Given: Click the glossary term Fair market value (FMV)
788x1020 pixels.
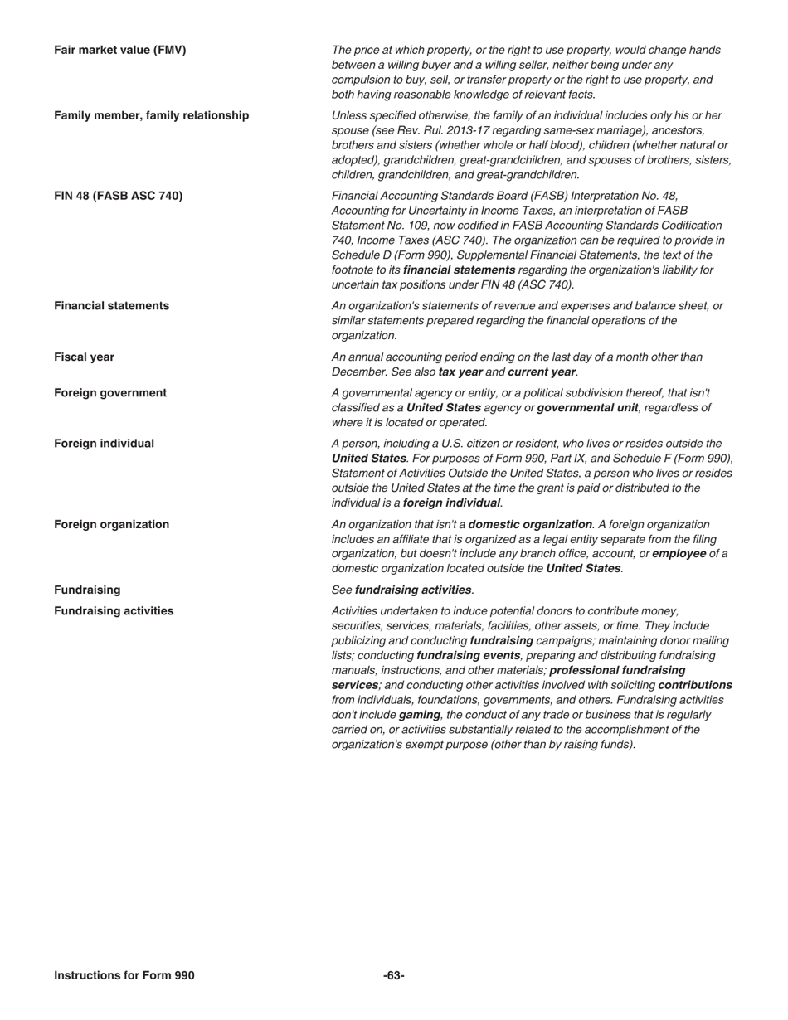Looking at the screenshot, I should pyautogui.click(x=120, y=50).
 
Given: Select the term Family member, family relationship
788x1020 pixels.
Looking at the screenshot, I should pyautogui.click(x=151, y=115).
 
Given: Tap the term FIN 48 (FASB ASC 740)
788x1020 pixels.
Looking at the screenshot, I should pyautogui.click(x=118, y=196).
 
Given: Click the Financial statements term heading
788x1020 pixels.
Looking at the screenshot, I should pyautogui.click(x=111, y=306).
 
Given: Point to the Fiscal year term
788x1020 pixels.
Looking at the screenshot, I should pyautogui.click(x=84, y=357).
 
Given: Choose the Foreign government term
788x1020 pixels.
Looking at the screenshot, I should pyautogui.click(x=110, y=393).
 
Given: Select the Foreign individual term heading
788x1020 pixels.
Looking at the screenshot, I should pyautogui.click(x=104, y=444).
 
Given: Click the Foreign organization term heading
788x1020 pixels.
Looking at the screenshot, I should pyautogui.click(x=111, y=524).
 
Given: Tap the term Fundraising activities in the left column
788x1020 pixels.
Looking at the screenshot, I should pyautogui.click(x=114, y=611).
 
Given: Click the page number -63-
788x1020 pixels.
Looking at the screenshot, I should pyautogui.click(x=393, y=975).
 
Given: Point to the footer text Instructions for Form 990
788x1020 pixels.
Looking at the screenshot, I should pyautogui.click(x=124, y=975).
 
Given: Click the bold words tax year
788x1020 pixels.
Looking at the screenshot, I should pyautogui.click(x=460, y=372).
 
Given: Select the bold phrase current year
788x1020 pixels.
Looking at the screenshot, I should pyautogui.click(x=541, y=372).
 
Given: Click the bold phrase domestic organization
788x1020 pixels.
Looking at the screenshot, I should pyautogui.click(x=530, y=524).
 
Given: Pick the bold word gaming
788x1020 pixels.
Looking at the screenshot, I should pyautogui.click(x=418, y=715).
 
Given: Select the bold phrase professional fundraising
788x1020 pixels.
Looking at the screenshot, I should pyautogui.click(x=617, y=670).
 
